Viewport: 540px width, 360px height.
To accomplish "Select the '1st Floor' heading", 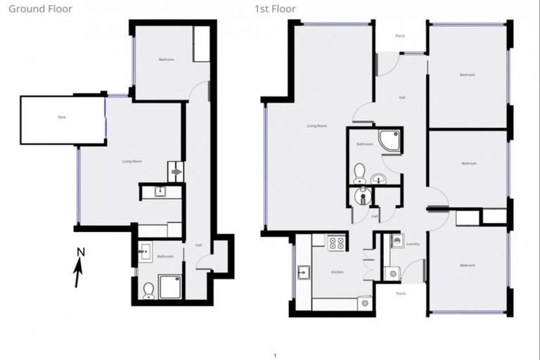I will [x=276, y=9].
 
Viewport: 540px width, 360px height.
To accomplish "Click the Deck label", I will [x=62, y=117].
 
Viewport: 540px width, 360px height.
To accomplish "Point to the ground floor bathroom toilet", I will [x=148, y=290].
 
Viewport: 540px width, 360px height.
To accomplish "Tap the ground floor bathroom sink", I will [x=146, y=250].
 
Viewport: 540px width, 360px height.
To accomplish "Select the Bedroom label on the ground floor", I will [x=167, y=60].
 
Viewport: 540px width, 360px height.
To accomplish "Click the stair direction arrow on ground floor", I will [x=176, y=171].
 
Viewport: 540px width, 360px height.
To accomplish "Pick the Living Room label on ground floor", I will [x=132, y=162].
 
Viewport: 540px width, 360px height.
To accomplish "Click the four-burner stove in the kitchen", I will [x=337, y=243].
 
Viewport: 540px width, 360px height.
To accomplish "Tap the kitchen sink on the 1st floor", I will [x=304, y=272].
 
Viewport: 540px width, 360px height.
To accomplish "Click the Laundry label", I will [x=413, y=245].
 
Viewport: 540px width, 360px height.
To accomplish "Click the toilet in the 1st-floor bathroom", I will [x=359, y=172].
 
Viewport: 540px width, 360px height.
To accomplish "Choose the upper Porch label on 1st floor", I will [x=400, y=36].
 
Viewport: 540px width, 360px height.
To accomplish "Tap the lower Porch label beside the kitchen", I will [x=401, y=293].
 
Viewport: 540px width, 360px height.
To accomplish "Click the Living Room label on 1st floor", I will [x=317, y=126].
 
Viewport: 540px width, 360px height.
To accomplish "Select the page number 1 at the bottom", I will [x=275, y=355].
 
